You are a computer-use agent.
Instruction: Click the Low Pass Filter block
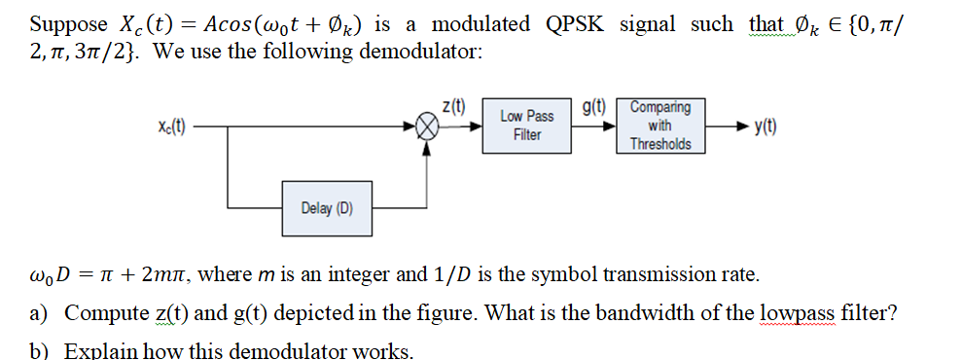pyautogui.click(x=527, y=126)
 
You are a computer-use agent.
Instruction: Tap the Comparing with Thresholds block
pyautogui.click(x=660, y=126)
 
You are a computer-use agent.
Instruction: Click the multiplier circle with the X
pyautogui.click(x=425, y=126)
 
